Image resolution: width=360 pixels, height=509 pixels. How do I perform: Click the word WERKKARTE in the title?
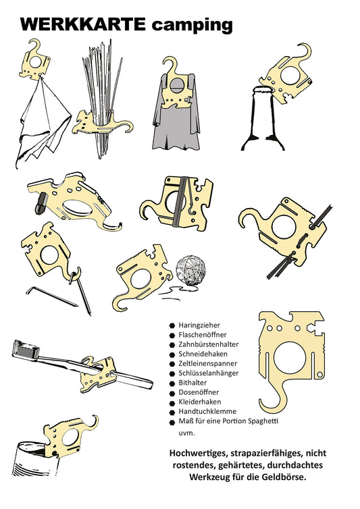tap(82, 24)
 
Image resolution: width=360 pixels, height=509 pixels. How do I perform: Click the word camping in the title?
tap(192, 26)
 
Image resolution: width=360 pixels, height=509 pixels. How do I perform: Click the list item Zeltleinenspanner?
tap(209, 363)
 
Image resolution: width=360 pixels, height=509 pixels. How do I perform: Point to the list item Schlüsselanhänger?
tap(211, 373)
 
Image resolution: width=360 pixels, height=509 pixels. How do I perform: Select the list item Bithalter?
tap(194, 383)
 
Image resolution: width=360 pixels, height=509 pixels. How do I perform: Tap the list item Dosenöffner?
tap(201, 392)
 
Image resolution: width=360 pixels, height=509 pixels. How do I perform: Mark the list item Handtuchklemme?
tap(207, 411)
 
